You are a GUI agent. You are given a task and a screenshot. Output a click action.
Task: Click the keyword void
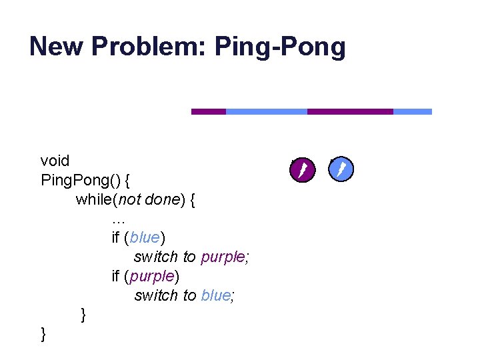(55, 161)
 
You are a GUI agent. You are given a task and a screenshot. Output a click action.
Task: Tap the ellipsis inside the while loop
(119, 218)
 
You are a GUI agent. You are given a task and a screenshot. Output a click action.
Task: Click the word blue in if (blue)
(146, 237)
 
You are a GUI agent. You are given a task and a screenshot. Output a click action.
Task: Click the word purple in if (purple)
(153, 276)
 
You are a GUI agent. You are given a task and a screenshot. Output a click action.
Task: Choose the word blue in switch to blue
(215, 295)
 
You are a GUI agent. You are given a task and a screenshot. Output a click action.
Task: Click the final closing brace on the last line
(44, 333)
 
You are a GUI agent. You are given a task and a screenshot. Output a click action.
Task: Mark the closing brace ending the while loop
(83, 314)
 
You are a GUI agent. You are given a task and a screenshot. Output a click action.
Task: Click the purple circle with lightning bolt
(301, 169)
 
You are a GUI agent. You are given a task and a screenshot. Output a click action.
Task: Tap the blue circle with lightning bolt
(341, 169)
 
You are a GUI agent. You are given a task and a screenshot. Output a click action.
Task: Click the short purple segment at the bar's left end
(209, 112)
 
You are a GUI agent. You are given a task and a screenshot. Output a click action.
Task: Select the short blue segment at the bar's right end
(412, 112)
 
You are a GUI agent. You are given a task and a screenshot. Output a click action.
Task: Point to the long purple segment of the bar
(350, 112)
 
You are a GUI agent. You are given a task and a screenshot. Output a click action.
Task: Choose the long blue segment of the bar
(267, 112)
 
